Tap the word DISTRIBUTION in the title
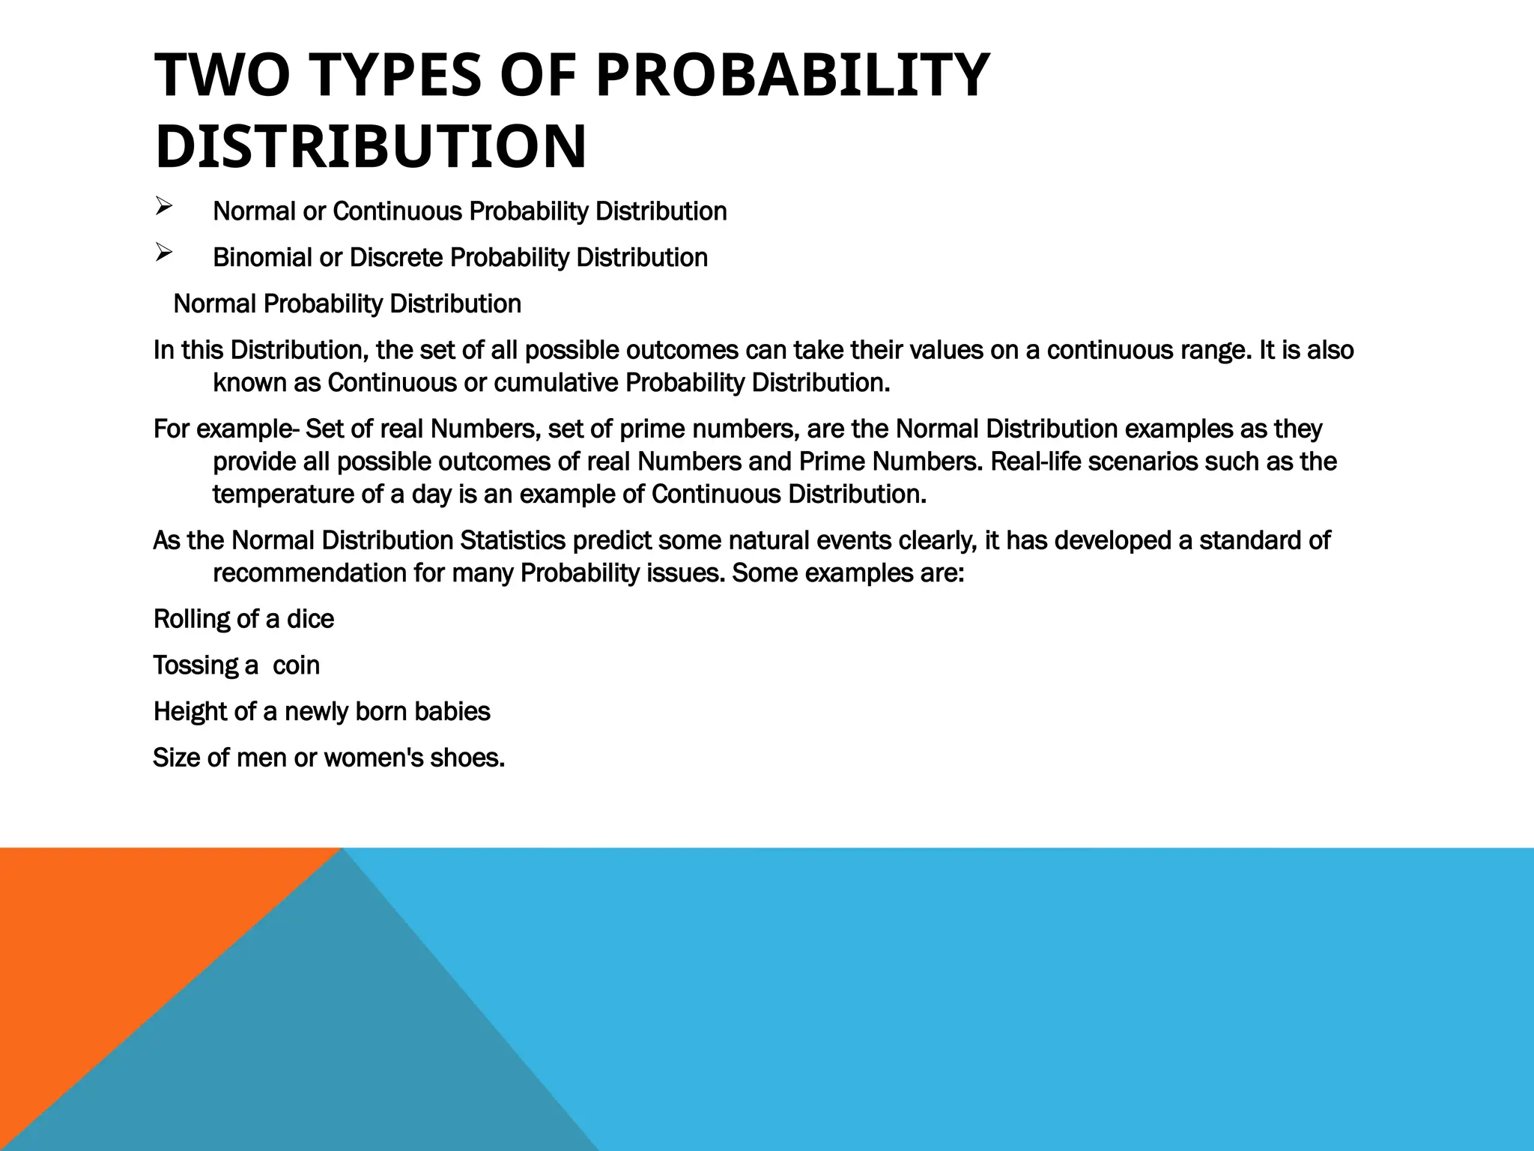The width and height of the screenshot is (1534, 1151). pos(371,146)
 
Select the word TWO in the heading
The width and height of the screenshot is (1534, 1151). pos(222,75)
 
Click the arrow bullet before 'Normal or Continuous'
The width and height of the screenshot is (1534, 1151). pos(164,206)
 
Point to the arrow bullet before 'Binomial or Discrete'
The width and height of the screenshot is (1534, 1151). pos(164,253)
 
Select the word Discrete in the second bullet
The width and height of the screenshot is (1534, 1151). pos(396,258)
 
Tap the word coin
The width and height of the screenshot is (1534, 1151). pos(296,665)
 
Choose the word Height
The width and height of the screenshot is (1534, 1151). pos(190,711)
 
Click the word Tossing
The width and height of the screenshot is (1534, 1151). pos(195,665)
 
